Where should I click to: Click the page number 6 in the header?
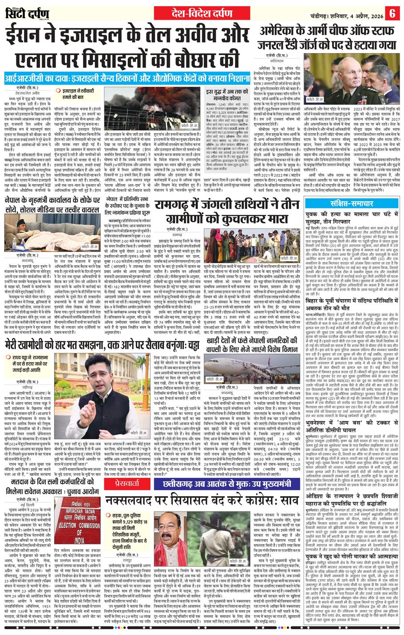click(x=392, y=12)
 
